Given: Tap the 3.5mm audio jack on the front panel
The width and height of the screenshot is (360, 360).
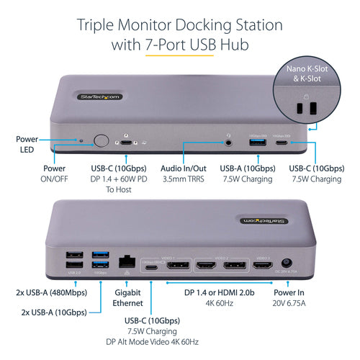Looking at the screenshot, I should coord(230,142).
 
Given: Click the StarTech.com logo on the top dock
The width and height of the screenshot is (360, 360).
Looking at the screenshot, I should coord(99,96).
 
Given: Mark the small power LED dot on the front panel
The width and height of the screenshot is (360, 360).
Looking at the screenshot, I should coord(80,141).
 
